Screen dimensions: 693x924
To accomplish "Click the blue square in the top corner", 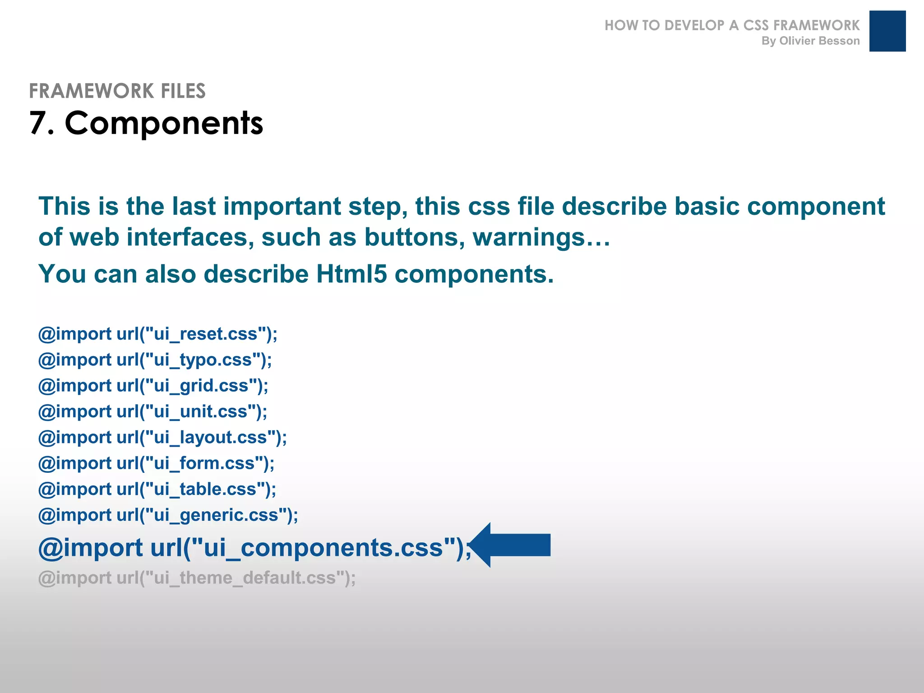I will pyautogui.click(x=887, y=31).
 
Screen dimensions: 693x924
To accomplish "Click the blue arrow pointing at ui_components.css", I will pyautogui.click(x=512, y=545).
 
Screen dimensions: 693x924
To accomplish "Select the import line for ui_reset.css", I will pyautogui.click(x=157, y=334).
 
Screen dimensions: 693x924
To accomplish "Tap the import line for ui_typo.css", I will pyautogui.click(x=155, y=360).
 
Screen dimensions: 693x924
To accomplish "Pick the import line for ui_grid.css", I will pyautogui.click(x=153, y=386).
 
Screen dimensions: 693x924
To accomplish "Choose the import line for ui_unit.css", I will pyautogui.click(x=152, y=411).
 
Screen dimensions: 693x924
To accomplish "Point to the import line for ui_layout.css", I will pyautogui.click(x=162, y=437).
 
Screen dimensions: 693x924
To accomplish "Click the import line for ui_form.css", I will pyautogui.click(x=156, y=463).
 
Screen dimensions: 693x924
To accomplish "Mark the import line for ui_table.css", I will pyautogui.click(x=157, y=489).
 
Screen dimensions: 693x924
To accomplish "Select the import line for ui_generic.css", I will pyautogui.click(x=168, y=515).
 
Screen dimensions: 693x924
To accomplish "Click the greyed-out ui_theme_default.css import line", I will pyautogui.click(x=197, y=577).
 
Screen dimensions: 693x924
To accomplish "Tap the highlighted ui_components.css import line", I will pyautogui.click(x=254, y=547).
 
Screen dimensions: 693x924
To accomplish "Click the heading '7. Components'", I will pyautogui.click(x=146, y=123).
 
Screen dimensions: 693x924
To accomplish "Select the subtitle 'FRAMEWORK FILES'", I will pyautogui.click(x=117, y=91).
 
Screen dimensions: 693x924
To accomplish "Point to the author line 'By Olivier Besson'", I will pyautogui.click(x=810, y=41).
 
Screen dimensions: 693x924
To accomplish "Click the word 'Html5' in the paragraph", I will pyautogui.click(x=351, y=273).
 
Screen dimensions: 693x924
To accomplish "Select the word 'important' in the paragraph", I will pyautogui.click(x=282, y=206).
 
